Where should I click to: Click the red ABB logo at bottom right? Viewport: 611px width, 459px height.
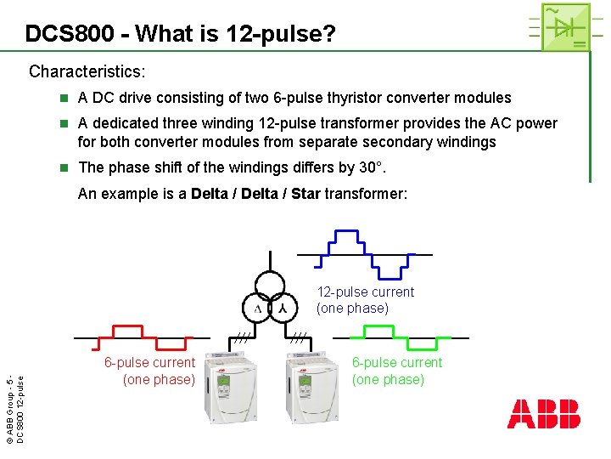544,413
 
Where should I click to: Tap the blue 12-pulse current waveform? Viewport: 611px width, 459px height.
364,253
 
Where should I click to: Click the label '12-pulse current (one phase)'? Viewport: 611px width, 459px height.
365,300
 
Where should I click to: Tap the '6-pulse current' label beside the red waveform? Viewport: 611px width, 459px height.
149,371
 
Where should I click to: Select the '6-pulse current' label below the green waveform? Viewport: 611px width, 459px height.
397,371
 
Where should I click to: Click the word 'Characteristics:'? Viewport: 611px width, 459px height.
87,71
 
